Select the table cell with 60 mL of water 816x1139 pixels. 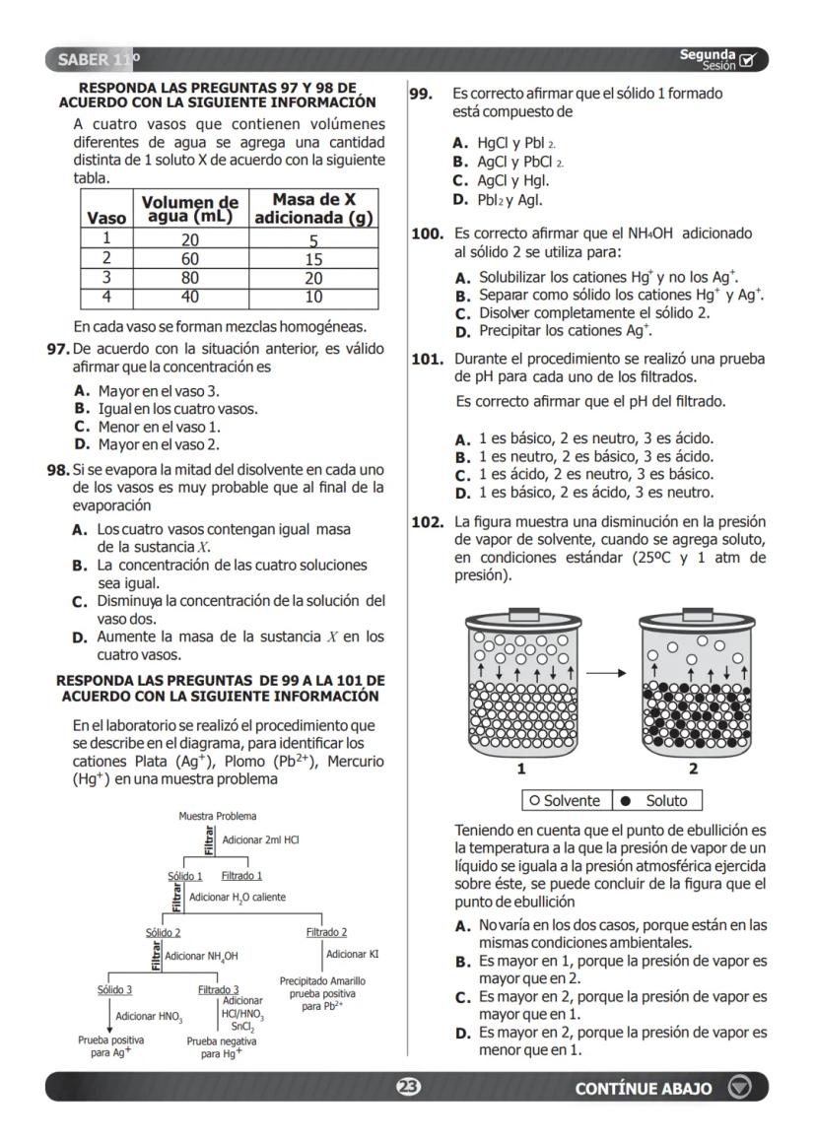coord(190,259)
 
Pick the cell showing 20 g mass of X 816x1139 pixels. coord(312,278)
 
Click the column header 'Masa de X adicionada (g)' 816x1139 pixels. coord(312,209)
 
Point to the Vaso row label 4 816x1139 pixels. coord(103,296)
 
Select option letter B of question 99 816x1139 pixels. coord(459,162)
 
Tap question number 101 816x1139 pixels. coord(425,359)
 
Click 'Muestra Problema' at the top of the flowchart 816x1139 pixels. coord(218,816)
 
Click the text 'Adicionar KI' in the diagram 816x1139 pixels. coord(352,953)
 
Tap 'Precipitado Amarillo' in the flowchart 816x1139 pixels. coord(322,981)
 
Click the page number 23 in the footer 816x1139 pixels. coord(408,1087)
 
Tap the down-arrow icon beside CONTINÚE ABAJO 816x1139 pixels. coord(739,1087)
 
